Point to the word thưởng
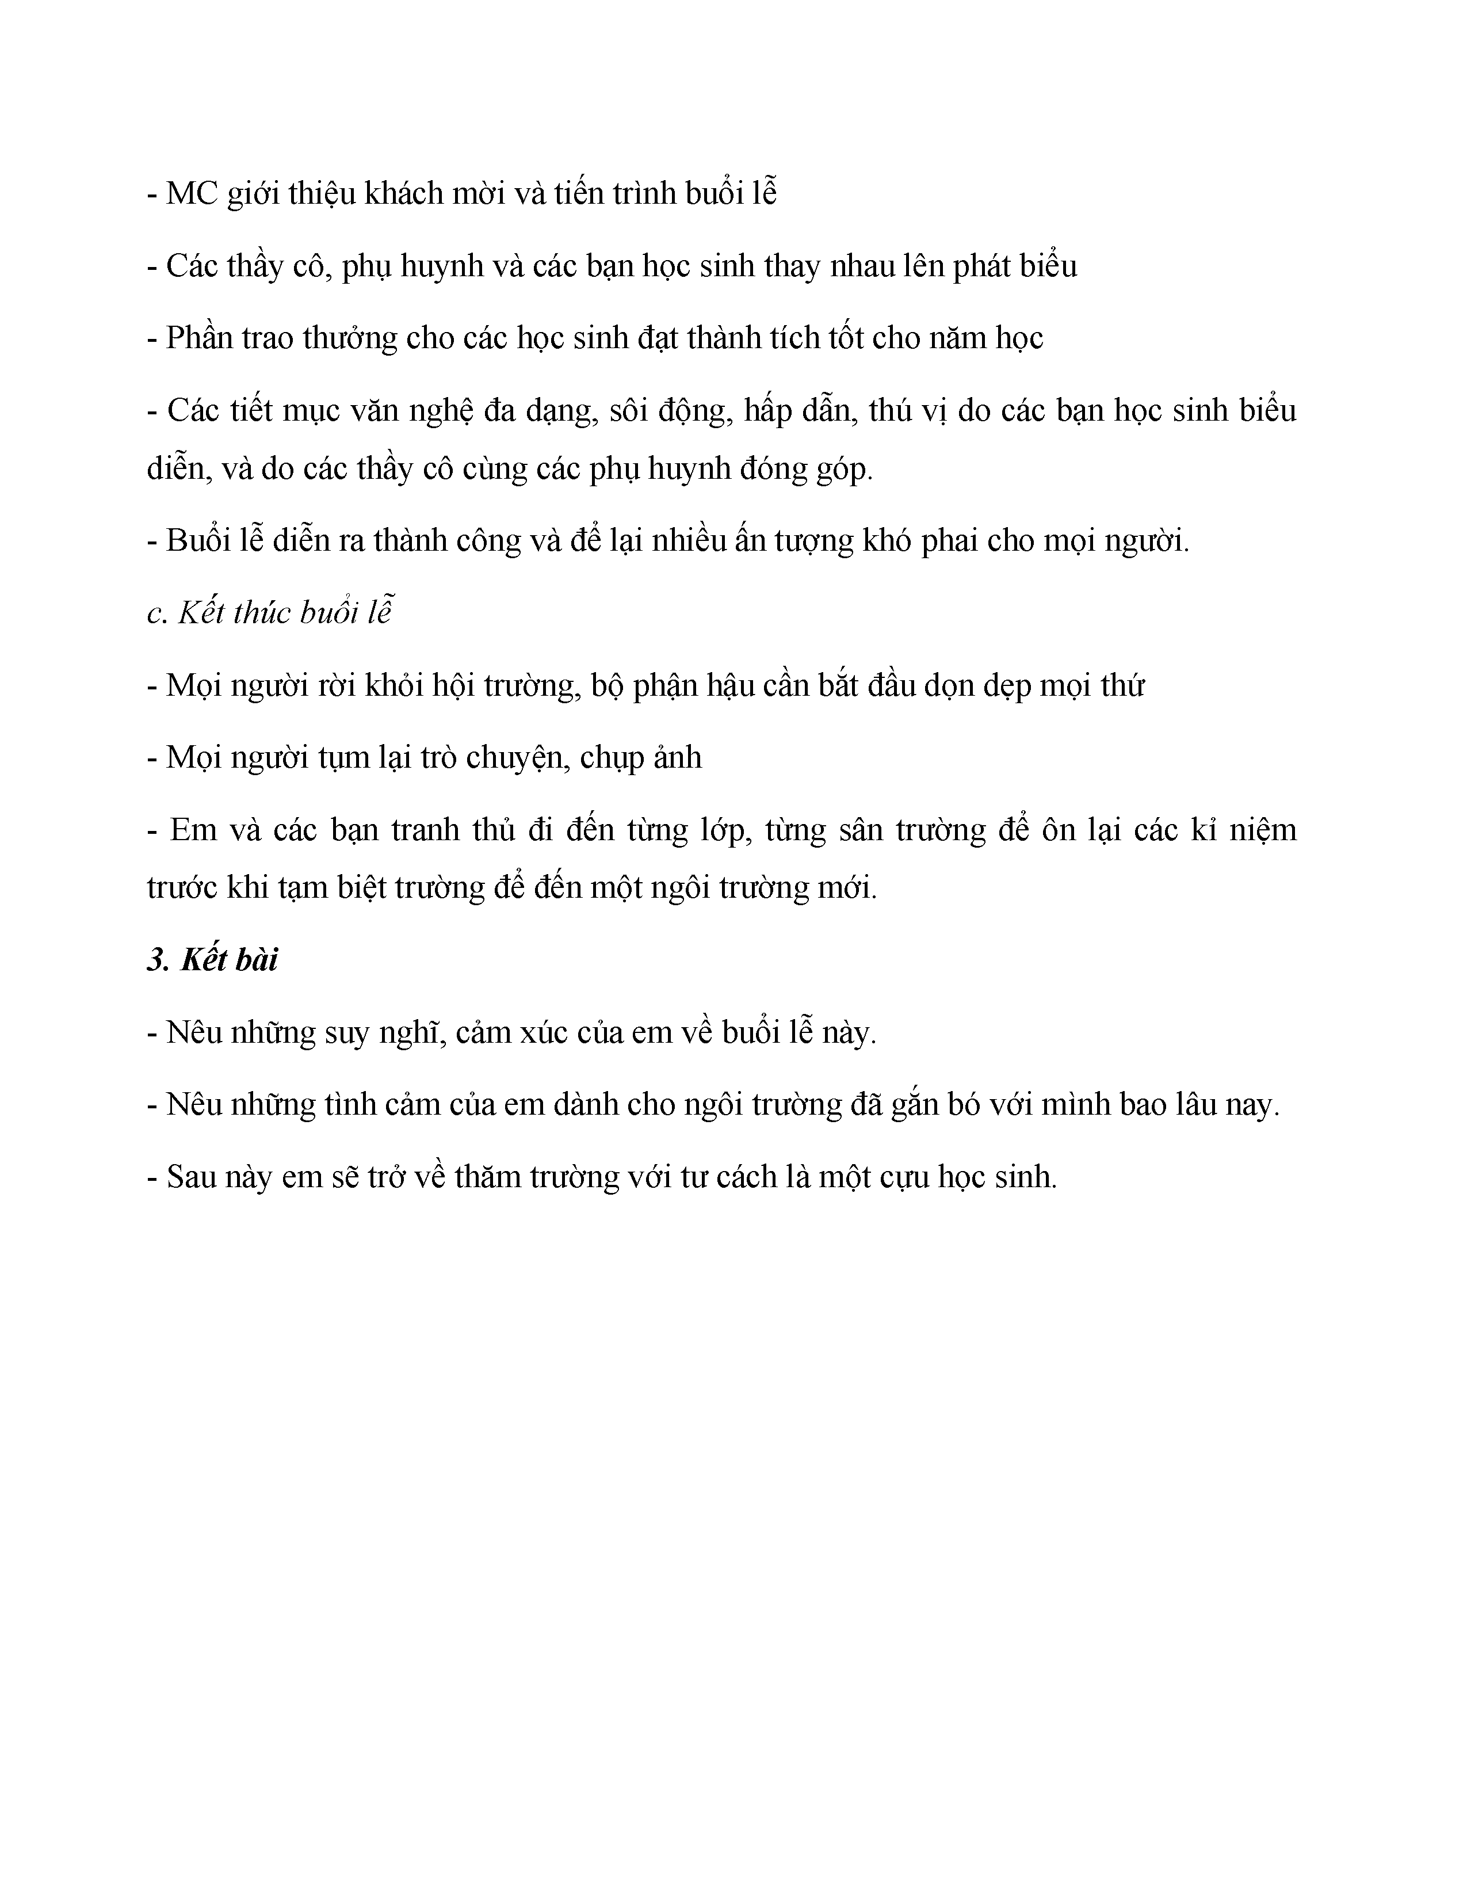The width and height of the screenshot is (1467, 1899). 349,338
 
